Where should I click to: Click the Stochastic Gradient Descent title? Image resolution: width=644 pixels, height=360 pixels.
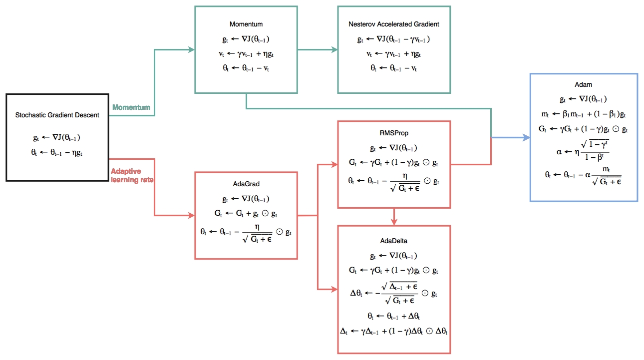(57, 115)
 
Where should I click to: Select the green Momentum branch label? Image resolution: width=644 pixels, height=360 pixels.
(131, 107)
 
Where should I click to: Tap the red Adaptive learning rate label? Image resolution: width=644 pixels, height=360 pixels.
(132, 175)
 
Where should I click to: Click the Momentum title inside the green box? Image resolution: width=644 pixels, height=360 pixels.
(246, 24)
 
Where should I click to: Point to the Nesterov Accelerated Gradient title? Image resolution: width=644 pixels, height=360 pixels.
(394, 24)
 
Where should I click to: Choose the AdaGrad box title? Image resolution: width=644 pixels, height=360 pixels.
(246, 184)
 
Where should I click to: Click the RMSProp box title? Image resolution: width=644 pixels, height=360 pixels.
(394, 133)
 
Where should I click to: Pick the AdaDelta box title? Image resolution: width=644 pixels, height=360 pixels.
(394, 241)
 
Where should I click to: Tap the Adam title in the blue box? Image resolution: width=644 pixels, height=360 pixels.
(584, 85)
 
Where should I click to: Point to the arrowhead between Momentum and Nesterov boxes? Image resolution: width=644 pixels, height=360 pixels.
(333, 49)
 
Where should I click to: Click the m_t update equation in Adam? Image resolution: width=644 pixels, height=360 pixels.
(583, 115)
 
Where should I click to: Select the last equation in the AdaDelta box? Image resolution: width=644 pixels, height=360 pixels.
(394, 331)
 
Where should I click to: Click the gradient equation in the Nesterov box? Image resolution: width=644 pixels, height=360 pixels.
(394, 39)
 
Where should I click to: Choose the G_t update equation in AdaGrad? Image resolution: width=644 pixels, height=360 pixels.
(246, 214)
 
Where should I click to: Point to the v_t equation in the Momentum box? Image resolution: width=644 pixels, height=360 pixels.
(246, 54)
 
